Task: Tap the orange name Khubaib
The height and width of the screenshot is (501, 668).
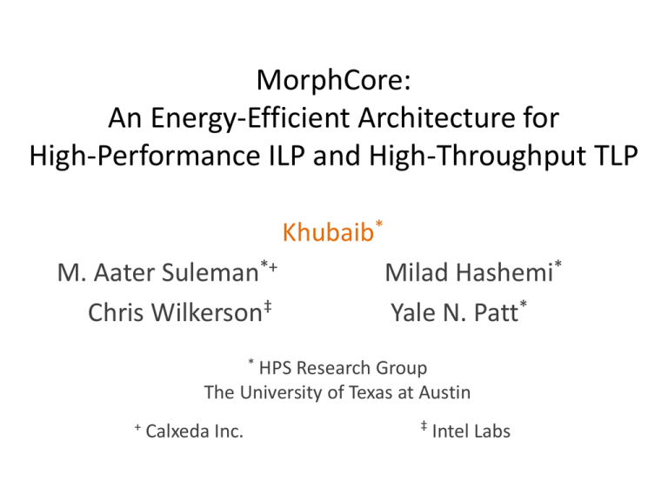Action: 327,234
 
